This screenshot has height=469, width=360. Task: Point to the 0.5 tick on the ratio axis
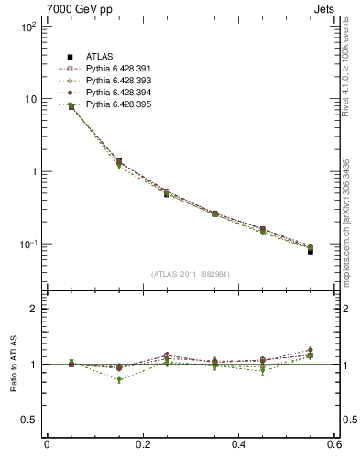click(29, 420)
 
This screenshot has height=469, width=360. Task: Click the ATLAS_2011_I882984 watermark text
click(191, 274)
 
